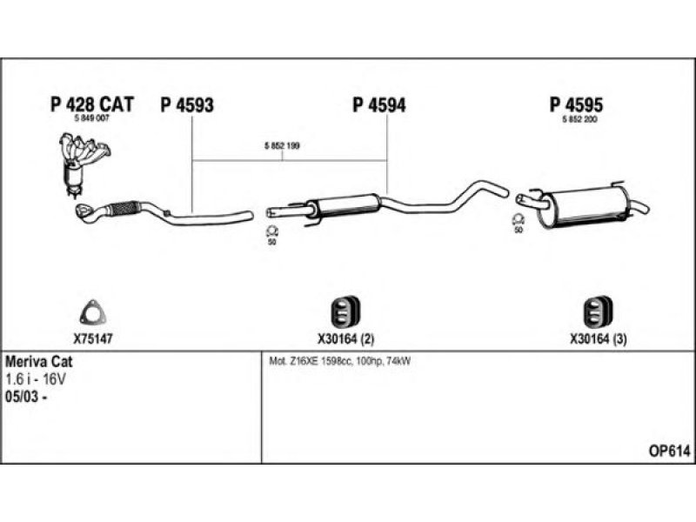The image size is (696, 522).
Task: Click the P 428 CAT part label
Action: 92,104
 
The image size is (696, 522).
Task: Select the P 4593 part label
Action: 187,105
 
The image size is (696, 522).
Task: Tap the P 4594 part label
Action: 379,105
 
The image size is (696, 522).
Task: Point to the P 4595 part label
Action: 576,104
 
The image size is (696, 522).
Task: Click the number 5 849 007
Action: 91,118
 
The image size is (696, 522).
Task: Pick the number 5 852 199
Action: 282,145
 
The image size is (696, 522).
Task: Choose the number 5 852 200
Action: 579,119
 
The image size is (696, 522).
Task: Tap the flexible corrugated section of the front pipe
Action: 124,208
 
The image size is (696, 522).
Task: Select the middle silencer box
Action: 345,204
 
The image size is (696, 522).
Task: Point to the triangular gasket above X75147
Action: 94,312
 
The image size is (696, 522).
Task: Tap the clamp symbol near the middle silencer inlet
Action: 271,231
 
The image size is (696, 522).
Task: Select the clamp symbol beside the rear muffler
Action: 518,219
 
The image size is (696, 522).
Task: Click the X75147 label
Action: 93,339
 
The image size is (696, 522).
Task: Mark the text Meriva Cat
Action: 38,362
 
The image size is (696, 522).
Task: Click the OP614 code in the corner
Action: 670,452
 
